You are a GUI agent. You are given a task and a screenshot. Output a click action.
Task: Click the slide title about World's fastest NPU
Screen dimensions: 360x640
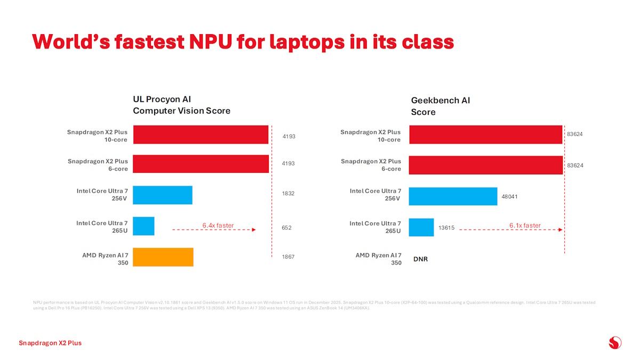[x=243, y=42]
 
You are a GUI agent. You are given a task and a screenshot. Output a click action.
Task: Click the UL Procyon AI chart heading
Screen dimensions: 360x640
[x=181, y=105]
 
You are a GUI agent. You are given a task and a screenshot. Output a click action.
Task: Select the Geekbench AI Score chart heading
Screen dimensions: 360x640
[x=440, y=106]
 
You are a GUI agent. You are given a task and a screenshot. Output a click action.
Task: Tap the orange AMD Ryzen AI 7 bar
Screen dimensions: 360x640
[x=163, y=257]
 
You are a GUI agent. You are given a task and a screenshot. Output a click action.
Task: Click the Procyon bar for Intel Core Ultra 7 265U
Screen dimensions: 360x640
[x=143, y=226]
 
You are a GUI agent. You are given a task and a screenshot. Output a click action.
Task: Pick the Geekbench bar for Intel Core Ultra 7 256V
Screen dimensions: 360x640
[x=453, y=196]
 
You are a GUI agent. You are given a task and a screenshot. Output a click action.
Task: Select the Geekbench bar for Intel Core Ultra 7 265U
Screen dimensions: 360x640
[x=421, y=227]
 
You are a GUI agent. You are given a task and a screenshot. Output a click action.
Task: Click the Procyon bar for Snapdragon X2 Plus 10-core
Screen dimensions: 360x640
[x=201, y=134]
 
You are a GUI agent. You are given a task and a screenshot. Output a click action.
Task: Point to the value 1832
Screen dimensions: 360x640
[x=289, y=194]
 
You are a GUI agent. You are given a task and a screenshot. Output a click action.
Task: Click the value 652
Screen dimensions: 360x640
[x=286, y=228]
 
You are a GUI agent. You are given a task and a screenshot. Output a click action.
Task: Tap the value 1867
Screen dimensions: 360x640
[x=289, y=257]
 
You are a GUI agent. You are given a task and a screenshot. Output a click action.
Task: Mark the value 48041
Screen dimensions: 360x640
[x=509, y=197]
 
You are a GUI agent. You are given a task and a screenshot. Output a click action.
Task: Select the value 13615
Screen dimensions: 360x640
[x=446, y=228]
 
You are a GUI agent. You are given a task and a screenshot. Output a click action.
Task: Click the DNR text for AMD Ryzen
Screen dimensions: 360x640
[x=421, y=259]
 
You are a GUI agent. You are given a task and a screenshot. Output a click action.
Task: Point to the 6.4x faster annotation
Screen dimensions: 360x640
[x=218, y=225]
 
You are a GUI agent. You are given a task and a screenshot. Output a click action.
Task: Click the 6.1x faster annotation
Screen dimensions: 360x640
[x=525, y=225]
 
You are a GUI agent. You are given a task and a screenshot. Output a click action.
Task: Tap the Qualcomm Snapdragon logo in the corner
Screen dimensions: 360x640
[x=615, y=342]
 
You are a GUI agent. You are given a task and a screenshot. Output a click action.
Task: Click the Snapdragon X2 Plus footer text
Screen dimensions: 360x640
[x=50, y=343]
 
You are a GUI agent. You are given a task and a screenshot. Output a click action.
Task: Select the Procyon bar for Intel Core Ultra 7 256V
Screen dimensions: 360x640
[x=163, y=195]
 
